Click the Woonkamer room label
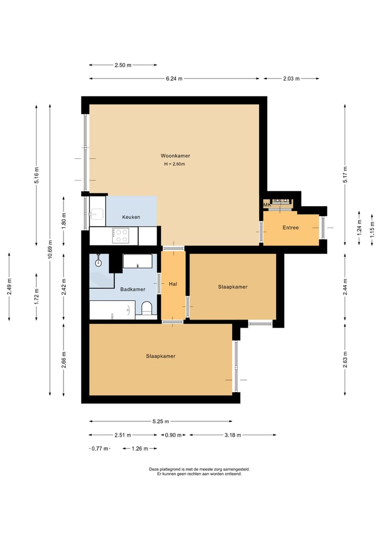coord(175,156)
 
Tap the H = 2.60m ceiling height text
coord(175,164)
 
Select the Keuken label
coord(131,217)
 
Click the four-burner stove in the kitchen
coord(121,235)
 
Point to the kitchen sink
coord(97,214)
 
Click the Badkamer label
coord(132,289)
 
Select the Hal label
coord(173,284)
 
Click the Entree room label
coord(291,227)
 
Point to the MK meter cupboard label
coord(267,205)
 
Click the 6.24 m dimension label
coord(174,79)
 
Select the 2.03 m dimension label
coord(291,79)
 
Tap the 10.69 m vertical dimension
coord(50,250)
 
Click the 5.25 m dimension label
coord(161,421)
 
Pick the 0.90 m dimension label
coord(173,435)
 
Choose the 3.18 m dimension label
coord(233,435)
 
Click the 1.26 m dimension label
coord(140,448)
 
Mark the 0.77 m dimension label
coord(100,448)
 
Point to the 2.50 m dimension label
coord(123,65)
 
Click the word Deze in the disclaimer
coord(153,469)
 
